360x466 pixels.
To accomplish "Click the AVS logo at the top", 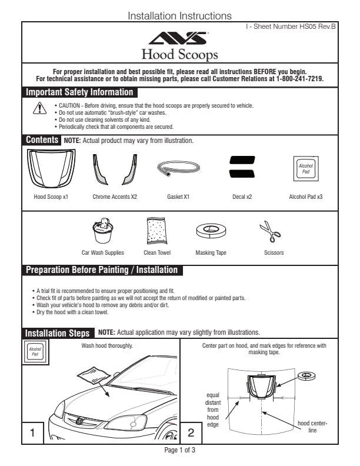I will [x=179, y=39].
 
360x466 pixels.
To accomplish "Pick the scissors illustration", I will [x=271, y=231].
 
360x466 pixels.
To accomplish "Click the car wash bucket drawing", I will [x=102, y=231].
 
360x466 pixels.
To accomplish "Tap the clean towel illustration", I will [x=156, y=231].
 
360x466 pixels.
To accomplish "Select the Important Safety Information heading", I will [x=79, y=92].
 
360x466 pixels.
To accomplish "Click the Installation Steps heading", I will [x=58, y=333].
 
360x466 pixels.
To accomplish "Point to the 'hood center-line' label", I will [x=312, y=427].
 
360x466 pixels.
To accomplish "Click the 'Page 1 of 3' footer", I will [x=179, y=450].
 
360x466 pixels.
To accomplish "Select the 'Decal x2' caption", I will [x=242, y=197].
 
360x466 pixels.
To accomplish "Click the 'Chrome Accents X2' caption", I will [x=115, y=197].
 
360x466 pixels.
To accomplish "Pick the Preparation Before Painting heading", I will [x=101, y=270].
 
